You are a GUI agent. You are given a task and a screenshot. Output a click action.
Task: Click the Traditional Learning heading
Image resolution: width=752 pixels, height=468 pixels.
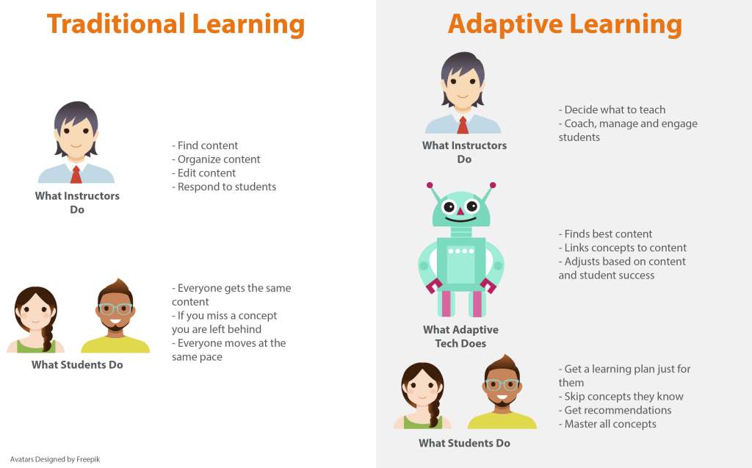[x=176, y=24]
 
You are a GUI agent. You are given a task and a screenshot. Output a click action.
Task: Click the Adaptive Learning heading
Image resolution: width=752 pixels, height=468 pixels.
[x=565, y=24]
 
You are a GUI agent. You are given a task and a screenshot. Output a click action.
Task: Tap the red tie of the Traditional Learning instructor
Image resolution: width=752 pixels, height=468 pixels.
[x=76, y=174]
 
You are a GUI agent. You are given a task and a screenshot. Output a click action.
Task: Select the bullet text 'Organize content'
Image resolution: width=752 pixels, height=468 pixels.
[x=219, y=159]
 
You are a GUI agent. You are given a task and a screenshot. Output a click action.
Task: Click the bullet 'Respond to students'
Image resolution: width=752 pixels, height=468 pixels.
[x=226, y=187]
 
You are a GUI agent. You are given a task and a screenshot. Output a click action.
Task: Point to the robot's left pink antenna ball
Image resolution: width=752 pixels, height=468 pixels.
[x=430, y=186]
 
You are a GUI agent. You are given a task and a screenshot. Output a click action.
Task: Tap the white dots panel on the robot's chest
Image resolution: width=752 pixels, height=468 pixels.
[x=461, y=251]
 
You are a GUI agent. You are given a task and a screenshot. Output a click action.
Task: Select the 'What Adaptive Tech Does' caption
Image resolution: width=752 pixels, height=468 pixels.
[x=460, y=336]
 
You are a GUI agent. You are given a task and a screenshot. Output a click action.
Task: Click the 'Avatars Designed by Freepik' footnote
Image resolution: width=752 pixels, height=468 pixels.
[x=55, y=459]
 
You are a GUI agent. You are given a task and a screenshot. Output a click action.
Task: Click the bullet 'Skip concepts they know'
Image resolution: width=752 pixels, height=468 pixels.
[x=623, y=396]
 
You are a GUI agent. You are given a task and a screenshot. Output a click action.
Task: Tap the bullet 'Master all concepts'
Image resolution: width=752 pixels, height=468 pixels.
[x=610, y=424]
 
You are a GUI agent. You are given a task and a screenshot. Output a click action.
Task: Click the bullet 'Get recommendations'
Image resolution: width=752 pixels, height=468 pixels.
[x=618, y=410]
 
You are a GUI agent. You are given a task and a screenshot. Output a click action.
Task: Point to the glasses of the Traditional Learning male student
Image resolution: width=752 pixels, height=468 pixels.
[x=115, y=309]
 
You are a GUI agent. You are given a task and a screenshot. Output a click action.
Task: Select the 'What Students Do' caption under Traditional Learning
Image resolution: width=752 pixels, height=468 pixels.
[x=77, y=364]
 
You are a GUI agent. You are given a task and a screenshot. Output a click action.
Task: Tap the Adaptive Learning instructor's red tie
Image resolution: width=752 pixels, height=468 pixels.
[x=463, y=124]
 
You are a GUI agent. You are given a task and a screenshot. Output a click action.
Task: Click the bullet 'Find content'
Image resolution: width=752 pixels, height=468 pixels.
[x=208, y=145]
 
